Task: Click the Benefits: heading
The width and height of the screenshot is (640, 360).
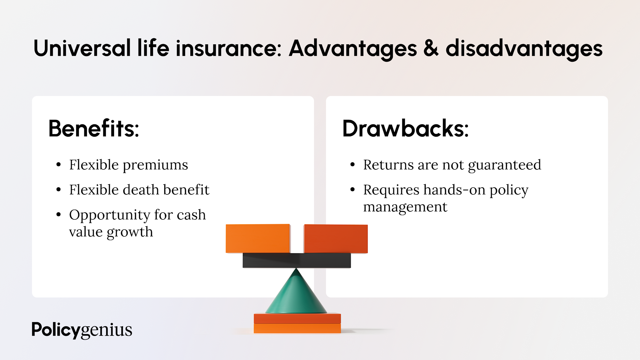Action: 94,129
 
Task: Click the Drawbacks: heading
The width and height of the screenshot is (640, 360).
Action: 405,129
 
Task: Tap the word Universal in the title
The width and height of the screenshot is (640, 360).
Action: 82,48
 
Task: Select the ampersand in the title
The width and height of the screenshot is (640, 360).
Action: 431,48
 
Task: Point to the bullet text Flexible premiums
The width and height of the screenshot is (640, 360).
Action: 129,165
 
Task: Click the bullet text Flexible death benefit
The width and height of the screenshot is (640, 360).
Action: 139,190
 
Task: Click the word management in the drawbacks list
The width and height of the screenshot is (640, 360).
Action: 405,207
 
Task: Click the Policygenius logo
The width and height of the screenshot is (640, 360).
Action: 82,330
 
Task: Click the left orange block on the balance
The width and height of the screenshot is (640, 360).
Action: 258,239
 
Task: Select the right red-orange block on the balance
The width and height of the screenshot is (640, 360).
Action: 336,239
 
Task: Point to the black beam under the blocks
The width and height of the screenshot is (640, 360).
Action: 297,260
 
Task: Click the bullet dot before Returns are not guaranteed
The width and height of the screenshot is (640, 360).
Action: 353,164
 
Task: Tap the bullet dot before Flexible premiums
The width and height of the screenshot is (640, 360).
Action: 59,164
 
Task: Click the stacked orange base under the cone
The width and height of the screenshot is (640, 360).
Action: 297,323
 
